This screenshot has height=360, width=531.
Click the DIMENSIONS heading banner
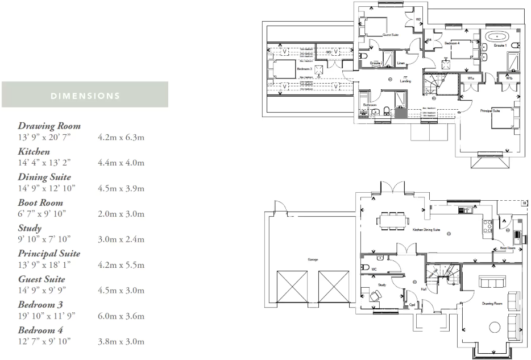click(x=85, y=95)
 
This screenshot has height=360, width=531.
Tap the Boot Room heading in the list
click(x=40, y=202)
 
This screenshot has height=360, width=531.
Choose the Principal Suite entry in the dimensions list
click(x=49, y=254)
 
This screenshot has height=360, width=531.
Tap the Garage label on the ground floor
click(x=313, y=259)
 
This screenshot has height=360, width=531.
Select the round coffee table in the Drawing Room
click(x=495, y=328)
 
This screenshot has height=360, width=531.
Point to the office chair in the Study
click(x=375, y=295)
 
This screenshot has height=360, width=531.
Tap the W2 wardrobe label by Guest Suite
click(x=418, y=19)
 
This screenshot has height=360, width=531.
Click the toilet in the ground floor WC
click(x=365, y=267)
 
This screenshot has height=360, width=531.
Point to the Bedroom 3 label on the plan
click(x=304, y=69)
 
